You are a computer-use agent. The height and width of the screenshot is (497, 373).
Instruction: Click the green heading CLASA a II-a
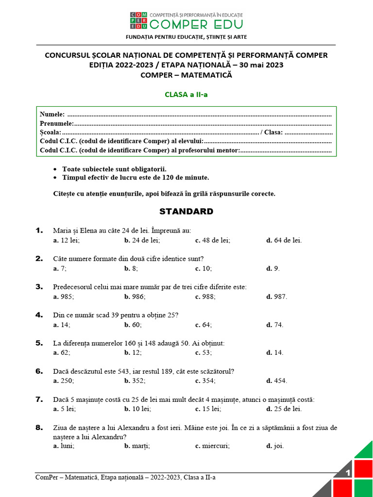point(186,95)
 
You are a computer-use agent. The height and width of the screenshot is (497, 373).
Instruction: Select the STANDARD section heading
point(186,212)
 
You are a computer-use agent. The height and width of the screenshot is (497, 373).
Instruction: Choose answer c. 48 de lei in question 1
point(213,240)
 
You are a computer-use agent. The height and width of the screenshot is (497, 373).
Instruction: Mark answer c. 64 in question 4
point(203,325)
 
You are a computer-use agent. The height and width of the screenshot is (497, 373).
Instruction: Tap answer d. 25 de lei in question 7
point(284,409)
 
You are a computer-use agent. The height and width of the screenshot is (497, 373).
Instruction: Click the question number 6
point(39,371)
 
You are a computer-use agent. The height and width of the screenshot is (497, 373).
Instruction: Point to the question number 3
point(39,287)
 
